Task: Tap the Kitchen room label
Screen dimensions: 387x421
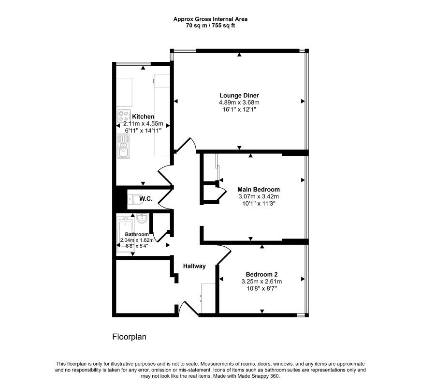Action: [x=144, y=117]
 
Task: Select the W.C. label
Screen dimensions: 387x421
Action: [x=146, y=198]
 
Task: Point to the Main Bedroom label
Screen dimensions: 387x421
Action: [x=259, y=189]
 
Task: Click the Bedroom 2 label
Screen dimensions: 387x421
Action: [x=261, y=273]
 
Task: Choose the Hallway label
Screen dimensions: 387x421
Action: [x=194, y=266]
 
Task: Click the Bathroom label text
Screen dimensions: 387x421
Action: [x=137, y=234]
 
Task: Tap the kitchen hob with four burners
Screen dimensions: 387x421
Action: [x=123, y=116]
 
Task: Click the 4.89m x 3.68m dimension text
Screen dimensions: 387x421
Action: [x=239, y=103]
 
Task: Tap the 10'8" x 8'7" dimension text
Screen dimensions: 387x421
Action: [x=261, y=288]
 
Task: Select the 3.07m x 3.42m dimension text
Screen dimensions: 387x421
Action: [x=259, y=197]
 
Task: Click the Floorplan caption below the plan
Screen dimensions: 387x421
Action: [x=129, y=337]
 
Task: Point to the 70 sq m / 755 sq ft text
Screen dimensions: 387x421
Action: [x=211, y=25]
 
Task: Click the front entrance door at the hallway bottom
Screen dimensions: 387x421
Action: [x=188, y=310]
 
